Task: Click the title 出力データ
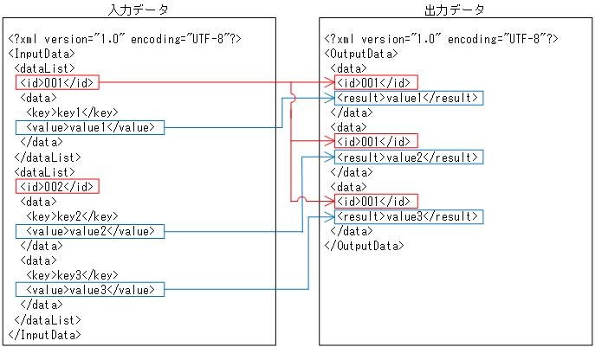coord(455,10)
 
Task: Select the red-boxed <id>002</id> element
coord(57,186)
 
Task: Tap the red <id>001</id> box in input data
coord(57,82)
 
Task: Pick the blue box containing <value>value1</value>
coord(88,127)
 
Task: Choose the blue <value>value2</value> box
coord(88,231)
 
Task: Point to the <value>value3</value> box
coord(88,290)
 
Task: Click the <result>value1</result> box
coord(408,97)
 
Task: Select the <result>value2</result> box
coord(408,157)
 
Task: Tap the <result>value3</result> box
coord(408,215)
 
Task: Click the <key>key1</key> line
coord(72,112)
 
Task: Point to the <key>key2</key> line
coord(72,216)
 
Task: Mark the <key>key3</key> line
coord(72,275)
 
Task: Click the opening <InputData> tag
coord(42,53)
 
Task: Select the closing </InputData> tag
coord(44,334)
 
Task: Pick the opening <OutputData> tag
coord(361,53)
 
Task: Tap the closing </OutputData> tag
coord(364,246)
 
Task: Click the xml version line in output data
coord(441,38)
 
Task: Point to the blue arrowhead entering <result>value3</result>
coord(331,215)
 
